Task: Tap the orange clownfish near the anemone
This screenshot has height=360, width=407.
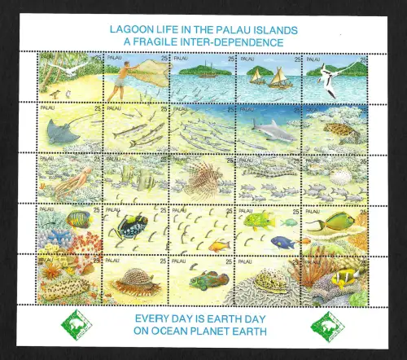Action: (344, 279)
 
